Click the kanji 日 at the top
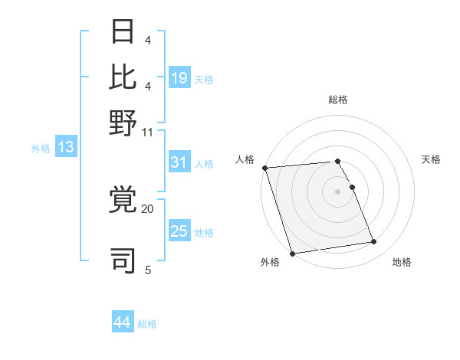tap(123, 33)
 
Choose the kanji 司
tap(123, 258)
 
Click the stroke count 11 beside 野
tap(148, 132)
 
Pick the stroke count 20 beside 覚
tap(148, 208)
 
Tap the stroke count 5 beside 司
tap(148, 270)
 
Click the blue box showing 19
tap(179, 77)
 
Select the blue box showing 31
tap(179, 162)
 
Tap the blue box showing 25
tap(179, 232)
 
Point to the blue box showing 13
tap(65, 147)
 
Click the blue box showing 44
tap(123, 322)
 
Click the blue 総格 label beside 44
tap(147, 324)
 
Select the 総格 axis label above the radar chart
tap(338, 100)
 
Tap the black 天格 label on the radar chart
tap(431, 159)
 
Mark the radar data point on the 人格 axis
tap(264, 168)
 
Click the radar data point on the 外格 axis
tap(292, 254)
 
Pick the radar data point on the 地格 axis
tap(373, 242)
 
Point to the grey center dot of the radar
tap(338, 191)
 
